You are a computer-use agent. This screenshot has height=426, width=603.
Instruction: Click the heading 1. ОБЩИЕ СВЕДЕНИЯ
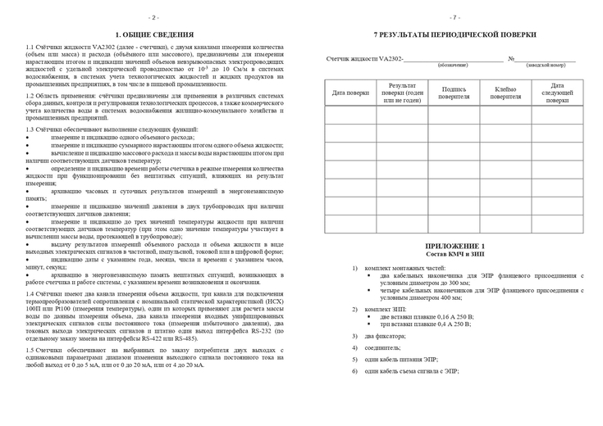(154, 34)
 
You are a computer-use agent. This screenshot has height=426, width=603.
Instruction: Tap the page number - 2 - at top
(153, 16)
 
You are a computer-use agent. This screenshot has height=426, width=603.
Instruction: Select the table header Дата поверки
(350, 93)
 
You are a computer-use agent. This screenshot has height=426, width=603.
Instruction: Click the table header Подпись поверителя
(454, 93)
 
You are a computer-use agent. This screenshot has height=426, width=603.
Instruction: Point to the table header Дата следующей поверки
(557, 93)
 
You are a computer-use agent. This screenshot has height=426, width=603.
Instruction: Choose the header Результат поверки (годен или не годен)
(402, 93)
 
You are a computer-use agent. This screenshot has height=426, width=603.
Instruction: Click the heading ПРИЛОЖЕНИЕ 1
(455, 247)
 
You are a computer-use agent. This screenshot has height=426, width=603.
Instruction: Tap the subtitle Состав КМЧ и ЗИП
(455, 254)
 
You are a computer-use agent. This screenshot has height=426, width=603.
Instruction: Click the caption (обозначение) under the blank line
(453, 65)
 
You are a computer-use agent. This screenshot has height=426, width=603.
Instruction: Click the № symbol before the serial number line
(511, 59)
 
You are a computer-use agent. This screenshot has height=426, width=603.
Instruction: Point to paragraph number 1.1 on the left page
(30, 48)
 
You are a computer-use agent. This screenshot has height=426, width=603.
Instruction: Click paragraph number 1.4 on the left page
(30, 292)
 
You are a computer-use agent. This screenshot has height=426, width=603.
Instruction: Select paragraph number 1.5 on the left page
(30, 350)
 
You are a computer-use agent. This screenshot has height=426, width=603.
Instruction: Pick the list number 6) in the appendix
(354, 371)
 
